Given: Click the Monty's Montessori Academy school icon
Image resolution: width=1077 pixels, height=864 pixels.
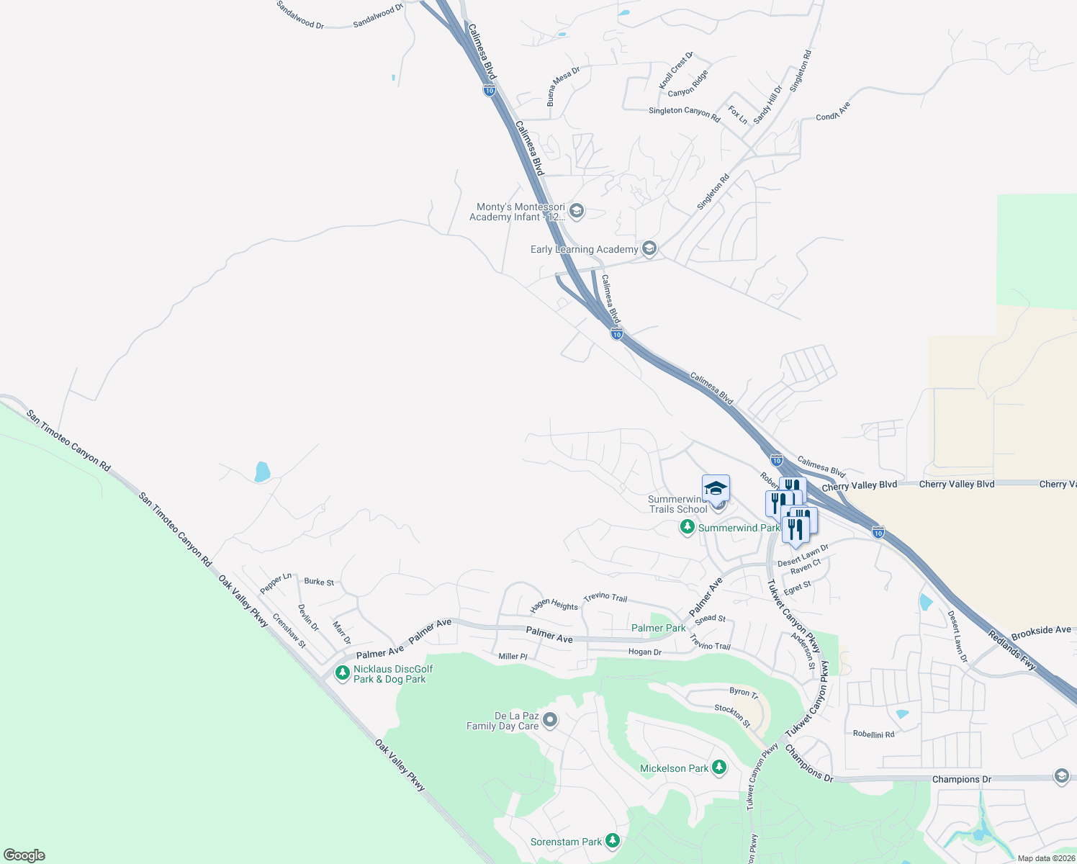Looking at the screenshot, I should pos(576,211).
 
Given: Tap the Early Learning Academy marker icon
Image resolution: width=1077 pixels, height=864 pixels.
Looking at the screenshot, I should pos(649,249).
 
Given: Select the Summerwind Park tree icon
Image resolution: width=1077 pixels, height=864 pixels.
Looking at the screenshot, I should pos(688,528).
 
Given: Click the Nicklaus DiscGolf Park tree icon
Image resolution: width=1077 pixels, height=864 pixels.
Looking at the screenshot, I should pos(343,673).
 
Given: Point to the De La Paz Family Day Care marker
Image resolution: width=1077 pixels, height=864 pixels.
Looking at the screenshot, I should pos(550,720).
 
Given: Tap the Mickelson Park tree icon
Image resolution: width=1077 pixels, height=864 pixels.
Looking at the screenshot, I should pos(719,768).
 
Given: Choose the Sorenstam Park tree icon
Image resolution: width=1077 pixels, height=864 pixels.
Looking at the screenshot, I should pos(612,841).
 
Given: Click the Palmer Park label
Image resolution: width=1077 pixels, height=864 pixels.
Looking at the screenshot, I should pos(658,628).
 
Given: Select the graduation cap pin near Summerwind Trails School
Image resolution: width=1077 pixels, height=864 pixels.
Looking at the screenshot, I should pos(716,489).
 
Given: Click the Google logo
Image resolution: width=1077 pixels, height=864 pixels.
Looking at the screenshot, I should pos(24,855).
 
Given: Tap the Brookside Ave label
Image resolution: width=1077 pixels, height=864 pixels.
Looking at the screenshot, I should pos(1041,632).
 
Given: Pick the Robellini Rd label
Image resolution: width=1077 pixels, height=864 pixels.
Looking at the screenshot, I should pos(873,734).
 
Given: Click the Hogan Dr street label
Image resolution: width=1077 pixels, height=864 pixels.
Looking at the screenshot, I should pos(644,652).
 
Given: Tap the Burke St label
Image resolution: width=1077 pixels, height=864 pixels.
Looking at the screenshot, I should pos(319,582).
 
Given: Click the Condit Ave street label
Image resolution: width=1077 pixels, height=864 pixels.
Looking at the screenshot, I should pos(833,111).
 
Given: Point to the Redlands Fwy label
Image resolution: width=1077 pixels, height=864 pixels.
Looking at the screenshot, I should pos(1011,650).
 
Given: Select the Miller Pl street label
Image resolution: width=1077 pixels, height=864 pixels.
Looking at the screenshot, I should pos(513,657).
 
